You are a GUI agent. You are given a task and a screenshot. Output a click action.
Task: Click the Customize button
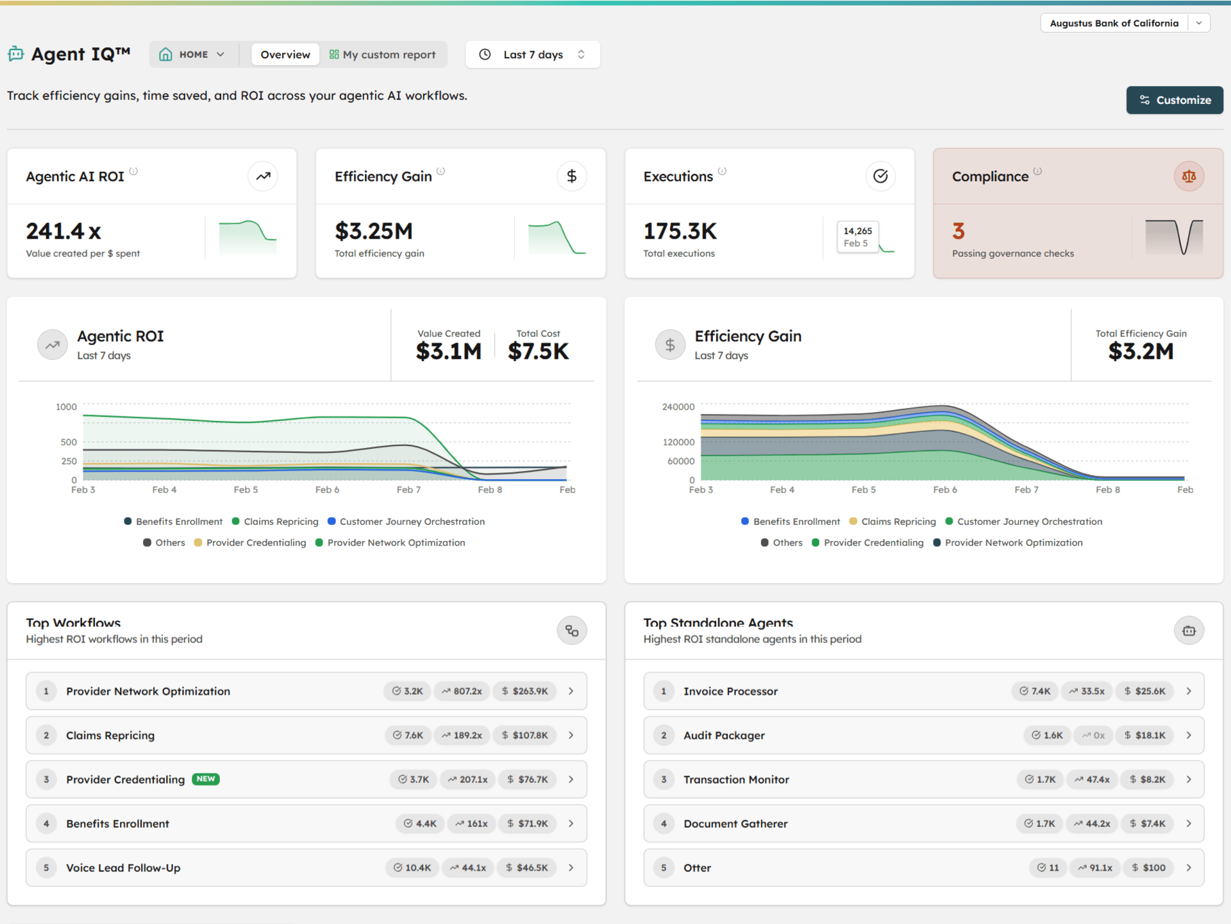[x=1174, y=100]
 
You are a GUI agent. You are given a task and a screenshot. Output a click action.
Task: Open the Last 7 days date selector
[x=533, y=55]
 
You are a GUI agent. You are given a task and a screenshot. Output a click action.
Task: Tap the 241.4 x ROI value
[x=63, y=231]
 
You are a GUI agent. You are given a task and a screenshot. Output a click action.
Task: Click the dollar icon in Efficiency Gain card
[x=571, y=176]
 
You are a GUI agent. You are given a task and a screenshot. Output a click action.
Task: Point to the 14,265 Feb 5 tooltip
[x=857, y=237]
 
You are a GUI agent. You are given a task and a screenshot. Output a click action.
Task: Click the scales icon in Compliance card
[x=1188, y=176]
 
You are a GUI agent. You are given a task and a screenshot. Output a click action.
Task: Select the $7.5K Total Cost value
[x=538, y=351]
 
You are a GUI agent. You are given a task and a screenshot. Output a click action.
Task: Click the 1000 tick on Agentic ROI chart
[x=66, y=407]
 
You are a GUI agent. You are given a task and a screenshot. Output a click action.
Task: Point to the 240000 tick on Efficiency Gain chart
[x=678, y=407]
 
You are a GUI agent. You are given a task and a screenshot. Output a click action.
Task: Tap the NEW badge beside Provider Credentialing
[x=206, y=779]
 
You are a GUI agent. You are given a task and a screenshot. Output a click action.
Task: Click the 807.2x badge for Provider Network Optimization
[x=462, y=691]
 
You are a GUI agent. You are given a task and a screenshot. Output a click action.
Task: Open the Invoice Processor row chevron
[x=1188, y=691]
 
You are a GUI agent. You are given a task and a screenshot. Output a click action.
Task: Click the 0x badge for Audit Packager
[x=1093, y=735]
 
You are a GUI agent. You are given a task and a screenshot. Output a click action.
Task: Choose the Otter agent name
[x=697, y=868]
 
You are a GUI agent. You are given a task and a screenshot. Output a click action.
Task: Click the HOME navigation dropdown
[x=192, y=55]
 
